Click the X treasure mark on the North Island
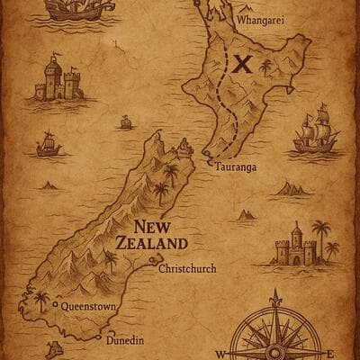click(x=241, y=63)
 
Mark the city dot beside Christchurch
click(x=154, y=267)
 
